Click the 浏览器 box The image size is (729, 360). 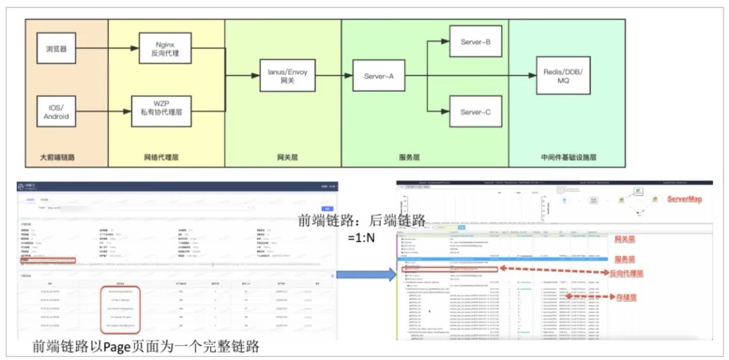pyautogui.click(x=56, y=49)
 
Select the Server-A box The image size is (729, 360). pyautogui.click(x=373, y=76)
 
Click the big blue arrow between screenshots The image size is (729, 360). pyautogui.click(x=365, y=274)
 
